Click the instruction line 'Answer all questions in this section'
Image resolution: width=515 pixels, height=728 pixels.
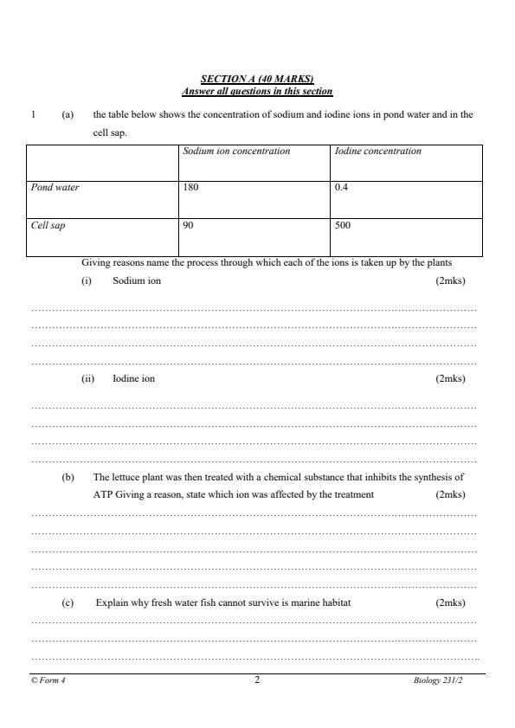pyautogui.click(x=257, y=91)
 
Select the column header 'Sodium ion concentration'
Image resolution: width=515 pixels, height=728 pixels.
pyautogui.click(x=236, y=151)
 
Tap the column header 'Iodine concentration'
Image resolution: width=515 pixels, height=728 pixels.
pyautogui.click(x=378, y=151)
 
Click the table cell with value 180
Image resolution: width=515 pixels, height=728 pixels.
pyautogui.click(x=190, y=187)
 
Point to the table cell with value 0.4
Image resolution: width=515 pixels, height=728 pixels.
pyautogui.click(x=341, y=187)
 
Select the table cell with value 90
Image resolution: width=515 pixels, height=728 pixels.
pyautogui.click(x=188, y=224)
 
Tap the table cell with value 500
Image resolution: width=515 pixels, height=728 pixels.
pyautogui.click(x=343, y=224)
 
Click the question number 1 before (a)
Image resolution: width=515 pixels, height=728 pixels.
pyautogui.click(x=33, y=114)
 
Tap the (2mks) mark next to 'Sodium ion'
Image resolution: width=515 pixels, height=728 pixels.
pyautogui.click(x=450, y=280)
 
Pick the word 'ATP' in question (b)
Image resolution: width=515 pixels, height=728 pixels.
pyautogui.click(x=104, y=495)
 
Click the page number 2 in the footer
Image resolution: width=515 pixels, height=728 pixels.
pyautogui.click(x=257, y=680)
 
